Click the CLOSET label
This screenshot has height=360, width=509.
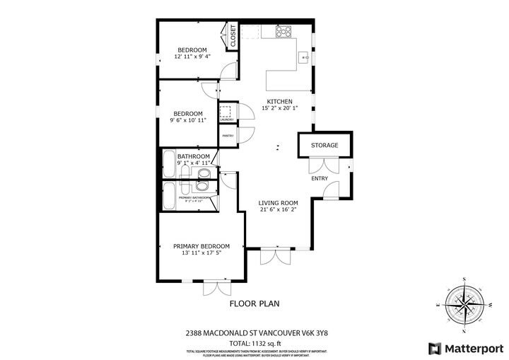(x=233, y=36)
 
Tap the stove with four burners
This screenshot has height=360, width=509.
(x=283, y=31)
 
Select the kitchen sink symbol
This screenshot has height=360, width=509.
(x=305, y=57)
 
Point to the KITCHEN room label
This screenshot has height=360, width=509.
(x=279, y=101)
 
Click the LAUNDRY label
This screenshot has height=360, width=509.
(x=226, y=120)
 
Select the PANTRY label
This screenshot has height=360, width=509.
(x=228, y=136)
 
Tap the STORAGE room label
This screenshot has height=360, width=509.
(x=324, y=145)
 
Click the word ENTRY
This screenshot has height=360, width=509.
(x=320, y=178)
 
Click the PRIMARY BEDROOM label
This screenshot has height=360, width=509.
(x=201, y=246)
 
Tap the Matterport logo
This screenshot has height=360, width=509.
(x=464, y=348)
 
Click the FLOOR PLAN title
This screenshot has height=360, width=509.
(x=255, y=303)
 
